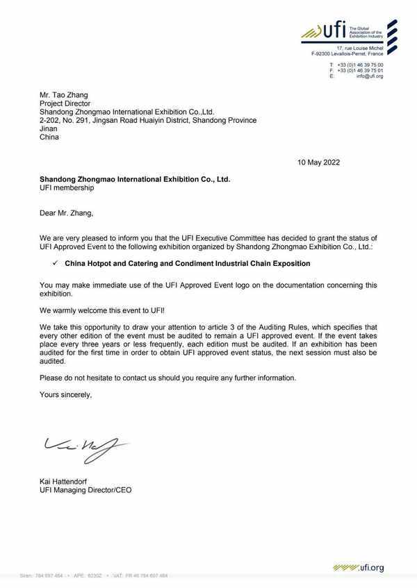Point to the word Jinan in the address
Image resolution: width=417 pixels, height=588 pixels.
(49, 128)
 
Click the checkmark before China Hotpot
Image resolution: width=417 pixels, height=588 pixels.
(54, 263)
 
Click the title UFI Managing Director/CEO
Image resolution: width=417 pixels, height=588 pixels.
(85, 490)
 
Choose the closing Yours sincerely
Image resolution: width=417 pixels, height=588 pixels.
(65, 394)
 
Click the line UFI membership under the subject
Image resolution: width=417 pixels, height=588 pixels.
(66, 187)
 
